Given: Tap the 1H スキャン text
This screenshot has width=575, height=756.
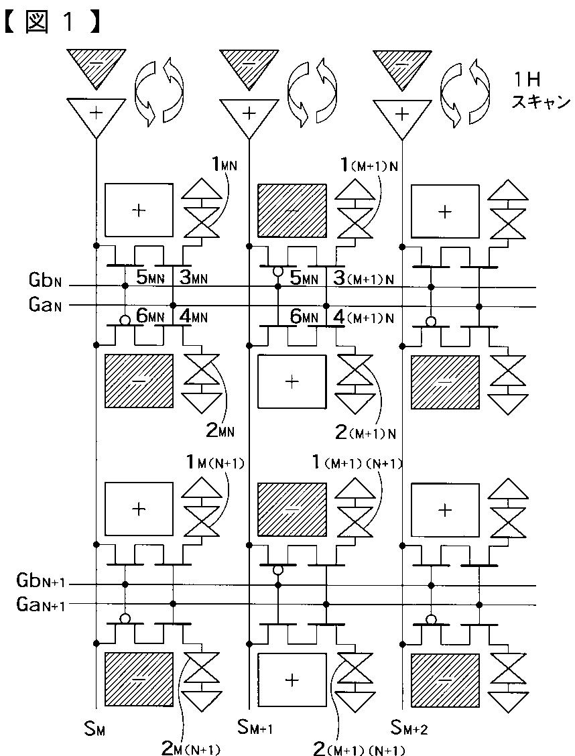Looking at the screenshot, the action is [541, 92].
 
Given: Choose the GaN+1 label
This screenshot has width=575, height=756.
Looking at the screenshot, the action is [40, 605].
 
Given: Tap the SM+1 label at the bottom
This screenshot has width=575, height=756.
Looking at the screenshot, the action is [255, 728].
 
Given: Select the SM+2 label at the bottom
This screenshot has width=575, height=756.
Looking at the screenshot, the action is [409, 728].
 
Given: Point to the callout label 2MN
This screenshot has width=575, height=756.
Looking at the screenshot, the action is [220, 430].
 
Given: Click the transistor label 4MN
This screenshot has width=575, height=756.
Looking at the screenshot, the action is [193, 317].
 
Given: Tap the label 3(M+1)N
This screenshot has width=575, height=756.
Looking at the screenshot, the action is [365, 279].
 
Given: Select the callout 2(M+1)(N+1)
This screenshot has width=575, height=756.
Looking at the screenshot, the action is [359, 748].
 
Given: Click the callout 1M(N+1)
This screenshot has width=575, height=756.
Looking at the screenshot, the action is [215, 463].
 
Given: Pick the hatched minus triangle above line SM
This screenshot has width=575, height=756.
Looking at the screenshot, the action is [97, 68].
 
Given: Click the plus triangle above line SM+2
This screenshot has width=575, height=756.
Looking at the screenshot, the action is [402, 117].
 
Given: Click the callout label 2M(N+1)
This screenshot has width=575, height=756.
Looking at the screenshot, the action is [191, 749].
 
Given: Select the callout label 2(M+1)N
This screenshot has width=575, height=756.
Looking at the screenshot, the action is [366, 433].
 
